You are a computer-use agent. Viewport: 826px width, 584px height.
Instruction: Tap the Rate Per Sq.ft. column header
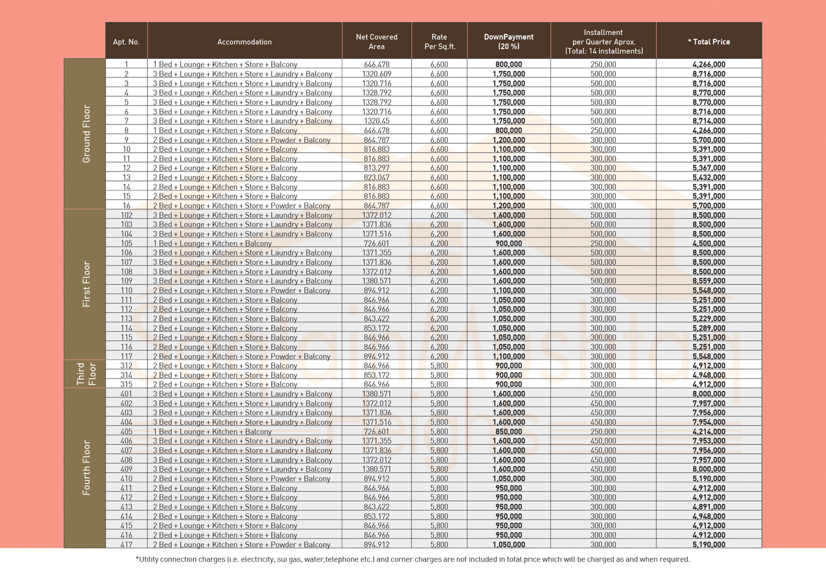(x=439, y=41)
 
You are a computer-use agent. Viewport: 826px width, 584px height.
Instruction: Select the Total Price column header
(x=709, y=42)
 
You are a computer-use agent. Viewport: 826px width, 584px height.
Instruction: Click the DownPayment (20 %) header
(x=508, y=41)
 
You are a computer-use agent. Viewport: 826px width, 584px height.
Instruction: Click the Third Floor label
(x=86, y=374)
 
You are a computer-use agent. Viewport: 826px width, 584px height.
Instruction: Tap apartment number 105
(x=126, y=243)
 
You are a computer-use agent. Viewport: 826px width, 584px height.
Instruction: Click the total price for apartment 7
(x=709, y=121)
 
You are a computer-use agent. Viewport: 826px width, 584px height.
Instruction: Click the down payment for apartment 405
(x=508, y=431)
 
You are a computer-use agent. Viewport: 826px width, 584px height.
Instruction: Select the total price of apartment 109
(x=709, y=281)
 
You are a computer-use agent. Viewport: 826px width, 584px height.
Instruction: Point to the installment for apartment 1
(x=603, y=64)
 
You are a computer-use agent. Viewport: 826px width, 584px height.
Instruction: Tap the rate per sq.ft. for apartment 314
(x=439, y=375)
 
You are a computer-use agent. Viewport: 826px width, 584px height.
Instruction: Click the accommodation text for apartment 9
(x=241, y=140)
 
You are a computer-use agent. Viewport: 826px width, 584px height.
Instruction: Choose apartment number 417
(x=126, y=544)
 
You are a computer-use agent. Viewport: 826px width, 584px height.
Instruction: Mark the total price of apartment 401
(x=709, y=394)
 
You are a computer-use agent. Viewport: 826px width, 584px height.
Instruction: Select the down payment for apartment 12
(x=508, y=168)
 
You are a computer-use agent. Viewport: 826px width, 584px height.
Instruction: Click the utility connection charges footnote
(x=413, y=560)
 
